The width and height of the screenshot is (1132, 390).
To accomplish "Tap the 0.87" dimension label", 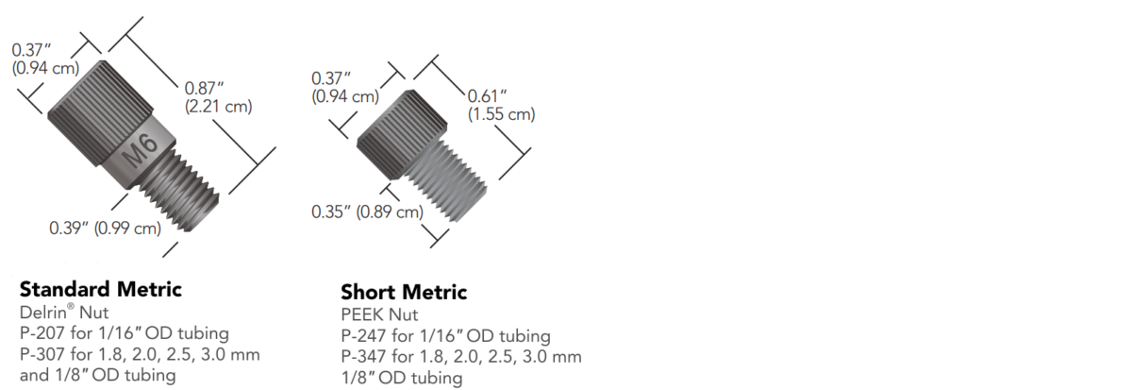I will [x=205, y=88].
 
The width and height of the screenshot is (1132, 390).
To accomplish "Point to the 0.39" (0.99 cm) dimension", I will [x=105, y=228].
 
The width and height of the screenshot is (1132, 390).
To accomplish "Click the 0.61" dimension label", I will [x=488, y=96].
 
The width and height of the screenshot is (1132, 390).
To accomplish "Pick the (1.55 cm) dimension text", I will [x=502, y=114].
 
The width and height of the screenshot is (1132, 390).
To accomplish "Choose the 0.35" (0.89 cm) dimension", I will [x=367, y=212].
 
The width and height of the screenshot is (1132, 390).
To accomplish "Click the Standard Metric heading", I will [x=100, y=288].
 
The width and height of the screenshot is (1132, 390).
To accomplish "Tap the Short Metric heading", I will [x=404, y=292].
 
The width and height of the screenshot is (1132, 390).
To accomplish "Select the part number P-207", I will [x=40, y=332].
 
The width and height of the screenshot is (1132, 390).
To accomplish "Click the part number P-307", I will [x=40, y=353].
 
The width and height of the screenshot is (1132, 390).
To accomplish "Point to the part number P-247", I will [x=361, y=335].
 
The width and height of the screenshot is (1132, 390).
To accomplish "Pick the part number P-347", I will [x=361, y=356].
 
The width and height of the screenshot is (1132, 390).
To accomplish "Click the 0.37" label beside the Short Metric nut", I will [x=331, y=77].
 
